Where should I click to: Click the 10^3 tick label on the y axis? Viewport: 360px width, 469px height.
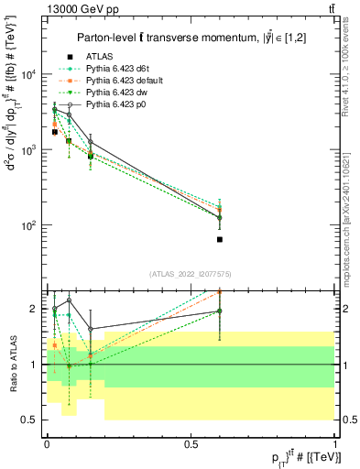[x=32, y=149]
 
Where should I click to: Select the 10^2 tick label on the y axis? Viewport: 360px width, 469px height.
[x=32, y=224]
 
